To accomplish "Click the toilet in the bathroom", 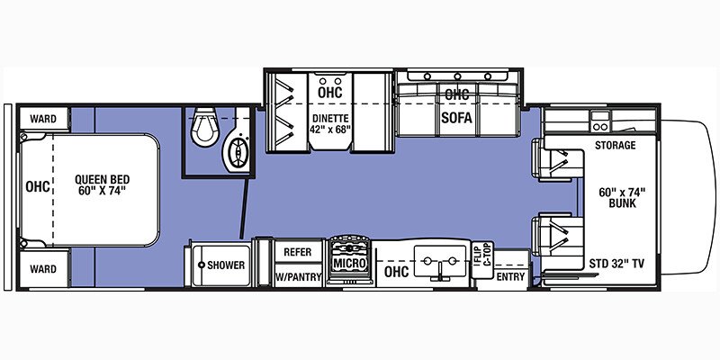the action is pos(205,127).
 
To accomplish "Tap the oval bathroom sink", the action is pos(238,152).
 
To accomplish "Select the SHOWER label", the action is pos(226,265).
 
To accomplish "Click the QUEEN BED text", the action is pos(103,179).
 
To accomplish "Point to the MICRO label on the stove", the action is pos(350,264).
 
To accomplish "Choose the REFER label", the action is pos(298,252).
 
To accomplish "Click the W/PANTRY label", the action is pos(298,277).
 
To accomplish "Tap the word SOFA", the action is pos(456,118).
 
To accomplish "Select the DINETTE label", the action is pos(330,118).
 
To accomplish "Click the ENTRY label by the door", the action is pos(510,277).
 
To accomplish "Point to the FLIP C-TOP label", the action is pos(482,260).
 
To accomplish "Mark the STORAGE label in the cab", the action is pos(616,146).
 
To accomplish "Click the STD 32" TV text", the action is pos(616,264).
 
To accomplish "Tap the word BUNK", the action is pos(622,203).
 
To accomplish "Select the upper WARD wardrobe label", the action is pos(43,119).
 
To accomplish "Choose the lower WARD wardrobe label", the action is pos(43,269).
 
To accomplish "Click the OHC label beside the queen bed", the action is pos(37,187).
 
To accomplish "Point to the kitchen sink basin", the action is pos(440,261).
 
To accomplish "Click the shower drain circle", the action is pos(201,265).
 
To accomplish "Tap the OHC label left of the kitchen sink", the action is pos(396,272).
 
